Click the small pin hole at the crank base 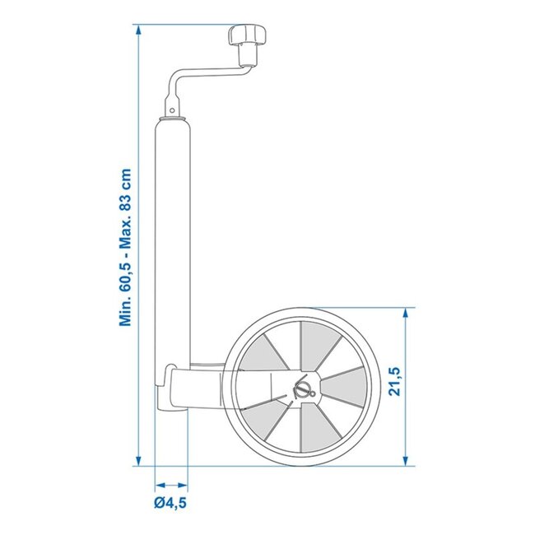[x=170, y=109]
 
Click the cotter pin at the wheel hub [x=304, y=387]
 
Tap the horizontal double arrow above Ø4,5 [x=172, y=486]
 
